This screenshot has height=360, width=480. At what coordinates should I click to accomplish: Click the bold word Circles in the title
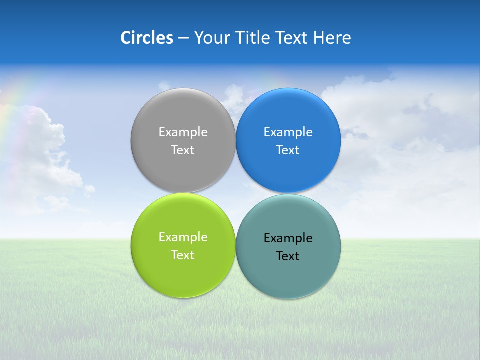(146, 38)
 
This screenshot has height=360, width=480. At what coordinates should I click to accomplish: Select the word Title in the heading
(254, 38)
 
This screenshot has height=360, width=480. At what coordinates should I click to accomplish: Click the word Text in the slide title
(292, 38)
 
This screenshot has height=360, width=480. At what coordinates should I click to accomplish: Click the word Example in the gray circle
(183, 132)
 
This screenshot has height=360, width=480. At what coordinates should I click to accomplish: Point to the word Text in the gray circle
(183, 150)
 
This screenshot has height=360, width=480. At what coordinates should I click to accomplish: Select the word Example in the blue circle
(288, 132)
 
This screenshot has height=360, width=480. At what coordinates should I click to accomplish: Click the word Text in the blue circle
(288, 150)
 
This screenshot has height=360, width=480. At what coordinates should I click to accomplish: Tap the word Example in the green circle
(183, 237)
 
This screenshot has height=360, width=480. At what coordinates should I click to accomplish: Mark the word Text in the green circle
(183, 255)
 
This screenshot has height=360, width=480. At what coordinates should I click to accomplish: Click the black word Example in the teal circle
(288, 238)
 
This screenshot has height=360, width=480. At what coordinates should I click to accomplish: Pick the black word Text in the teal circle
(288, 256)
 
